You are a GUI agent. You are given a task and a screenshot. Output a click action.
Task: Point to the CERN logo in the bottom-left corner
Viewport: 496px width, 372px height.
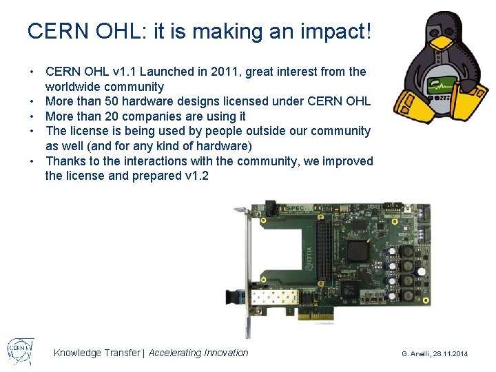click(19, 351)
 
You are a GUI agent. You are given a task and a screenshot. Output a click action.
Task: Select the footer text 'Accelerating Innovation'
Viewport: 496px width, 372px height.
click(198, 353)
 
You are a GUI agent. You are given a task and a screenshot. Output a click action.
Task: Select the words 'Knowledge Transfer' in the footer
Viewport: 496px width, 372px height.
click(96, 353)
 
